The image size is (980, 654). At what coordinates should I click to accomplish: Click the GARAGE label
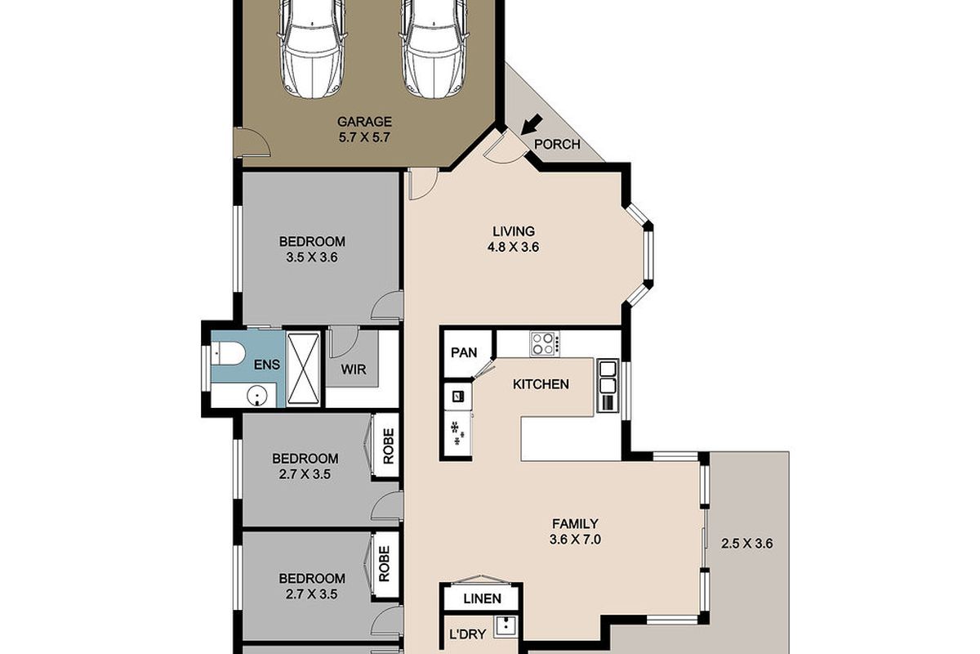coord(363,122)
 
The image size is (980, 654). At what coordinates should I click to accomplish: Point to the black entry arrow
coord(530,125)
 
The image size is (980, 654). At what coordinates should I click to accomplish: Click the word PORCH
coord(556,145)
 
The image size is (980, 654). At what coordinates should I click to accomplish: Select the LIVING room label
coord(513,231)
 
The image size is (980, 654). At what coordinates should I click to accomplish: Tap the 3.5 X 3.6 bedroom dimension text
coord(311,257)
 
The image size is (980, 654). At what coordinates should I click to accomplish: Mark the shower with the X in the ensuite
coord(303,369)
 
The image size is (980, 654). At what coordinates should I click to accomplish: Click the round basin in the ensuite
coord(258,397)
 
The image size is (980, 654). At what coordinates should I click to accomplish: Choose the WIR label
coord(354,369)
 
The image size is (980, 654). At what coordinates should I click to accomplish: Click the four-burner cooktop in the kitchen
coord(544,343)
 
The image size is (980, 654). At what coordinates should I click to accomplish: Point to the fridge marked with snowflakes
coord(457,432)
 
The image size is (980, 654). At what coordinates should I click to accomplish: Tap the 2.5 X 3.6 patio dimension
coord(746,543)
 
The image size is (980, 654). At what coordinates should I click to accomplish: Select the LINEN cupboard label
coord(482,598)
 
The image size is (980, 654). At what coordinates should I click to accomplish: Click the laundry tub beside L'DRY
coord(507,629)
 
